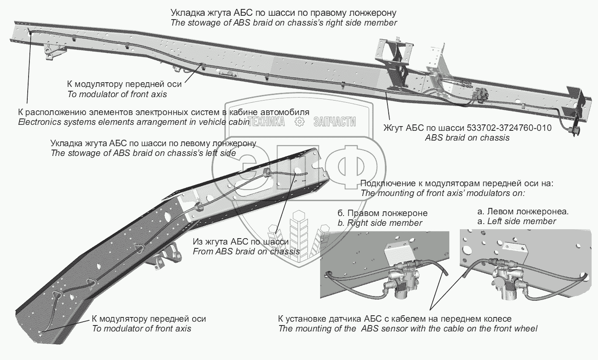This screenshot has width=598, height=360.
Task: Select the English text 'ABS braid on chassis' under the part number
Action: click(x=467, y=138)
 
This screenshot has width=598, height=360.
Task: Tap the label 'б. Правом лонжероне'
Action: click(x=382, y=213)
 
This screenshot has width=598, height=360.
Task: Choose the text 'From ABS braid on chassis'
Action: click(x=246, y=251)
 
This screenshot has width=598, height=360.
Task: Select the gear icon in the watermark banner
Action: click(x=300, y=122)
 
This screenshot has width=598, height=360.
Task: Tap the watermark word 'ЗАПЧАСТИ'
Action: click(x=334, y=122)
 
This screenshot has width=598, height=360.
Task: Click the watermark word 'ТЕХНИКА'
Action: click(x=266, y=122)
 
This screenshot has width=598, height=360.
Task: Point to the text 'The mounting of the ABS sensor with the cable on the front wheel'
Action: click(x=407, y=328)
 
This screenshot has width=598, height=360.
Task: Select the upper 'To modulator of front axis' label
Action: click(x=117, y=94)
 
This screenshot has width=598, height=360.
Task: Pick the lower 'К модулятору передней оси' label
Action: click(x=149, y=319)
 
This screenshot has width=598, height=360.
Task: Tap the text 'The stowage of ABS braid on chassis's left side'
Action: click(x=143, y=153)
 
